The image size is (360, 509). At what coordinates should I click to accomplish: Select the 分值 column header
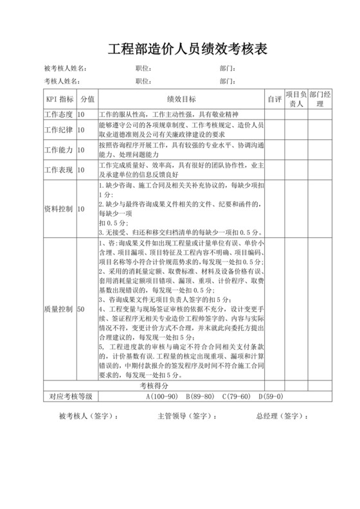tap(87, 99)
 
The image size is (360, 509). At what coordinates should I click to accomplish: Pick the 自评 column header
tap(274, 99)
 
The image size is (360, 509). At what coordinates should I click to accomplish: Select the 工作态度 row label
tap(59, 114)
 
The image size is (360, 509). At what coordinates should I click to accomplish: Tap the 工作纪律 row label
tap(59, 130)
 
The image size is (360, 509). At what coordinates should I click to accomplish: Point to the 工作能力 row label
tap(59, 150)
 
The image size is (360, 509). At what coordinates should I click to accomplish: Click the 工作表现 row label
tap(59, 170)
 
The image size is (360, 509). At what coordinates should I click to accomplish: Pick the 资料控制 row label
tap(59, 209)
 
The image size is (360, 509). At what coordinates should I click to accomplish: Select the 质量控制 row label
tap(59, 309)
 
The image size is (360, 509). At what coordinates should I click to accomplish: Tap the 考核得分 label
tap(154, 386)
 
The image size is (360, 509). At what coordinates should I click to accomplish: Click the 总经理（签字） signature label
tap(280, 416)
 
